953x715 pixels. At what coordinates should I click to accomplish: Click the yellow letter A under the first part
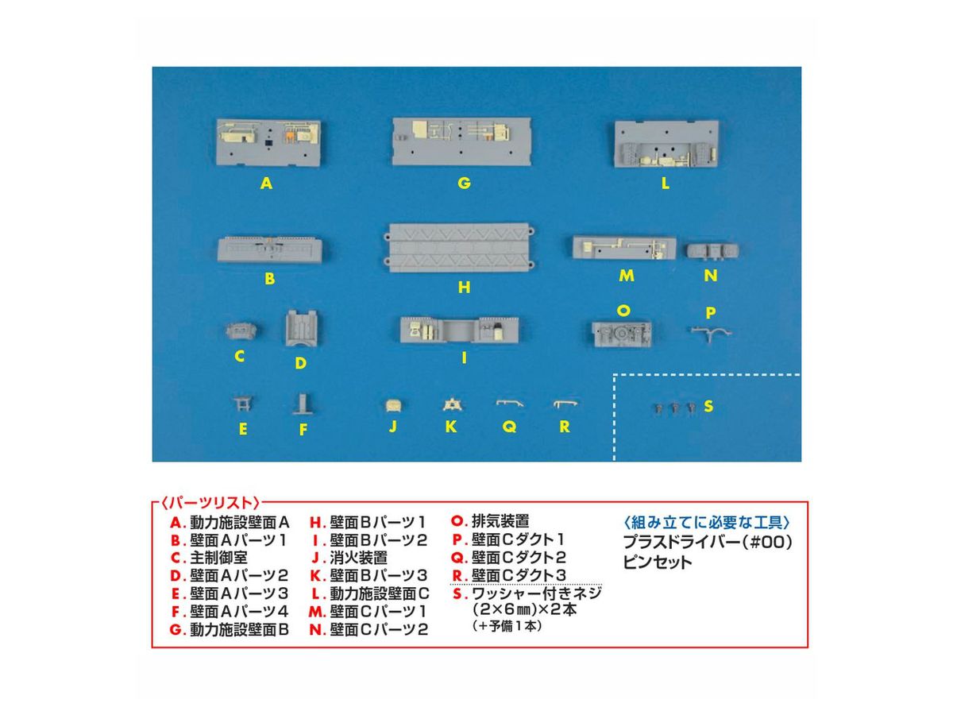pos(266,184)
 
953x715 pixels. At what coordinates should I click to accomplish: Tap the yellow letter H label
pos(464,287)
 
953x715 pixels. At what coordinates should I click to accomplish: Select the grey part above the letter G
pos(461,141)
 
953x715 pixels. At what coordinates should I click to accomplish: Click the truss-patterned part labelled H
pos(459,248)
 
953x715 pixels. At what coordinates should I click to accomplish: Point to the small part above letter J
pos(393,405)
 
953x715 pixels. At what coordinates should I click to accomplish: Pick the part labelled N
pos(712,250)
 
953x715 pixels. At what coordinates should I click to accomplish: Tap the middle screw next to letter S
pos(674,408)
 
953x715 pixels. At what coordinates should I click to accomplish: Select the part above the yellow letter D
pos(301,328)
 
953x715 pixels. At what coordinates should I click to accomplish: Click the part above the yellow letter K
pos(453,404)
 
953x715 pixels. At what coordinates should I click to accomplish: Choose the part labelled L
pos(666,144)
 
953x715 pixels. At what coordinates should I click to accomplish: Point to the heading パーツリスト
pos(210,503)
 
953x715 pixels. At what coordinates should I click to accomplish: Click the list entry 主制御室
pos(218,558)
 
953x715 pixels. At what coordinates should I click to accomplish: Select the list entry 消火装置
pos(358,558)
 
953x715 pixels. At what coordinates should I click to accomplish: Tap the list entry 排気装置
pos(500,521)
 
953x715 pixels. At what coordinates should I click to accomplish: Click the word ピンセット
pos(657,563)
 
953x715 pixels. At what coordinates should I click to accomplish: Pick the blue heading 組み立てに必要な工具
pos(706,522)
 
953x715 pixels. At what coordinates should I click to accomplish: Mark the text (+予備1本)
pos(507,626)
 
